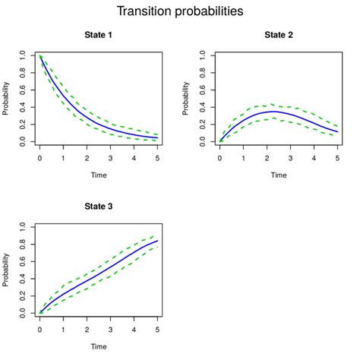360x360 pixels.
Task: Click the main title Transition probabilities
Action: coord(180,11)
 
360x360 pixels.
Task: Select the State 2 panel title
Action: coord(279,35)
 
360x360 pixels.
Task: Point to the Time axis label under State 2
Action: coord(279,175)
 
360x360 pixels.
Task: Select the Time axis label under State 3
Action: coord(99,346)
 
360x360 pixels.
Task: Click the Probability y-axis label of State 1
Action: coord(7,97)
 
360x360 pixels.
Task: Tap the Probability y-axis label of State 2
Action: coord(187,97)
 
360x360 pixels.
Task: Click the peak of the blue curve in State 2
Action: coord(273,112)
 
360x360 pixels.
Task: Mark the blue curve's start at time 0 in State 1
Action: coord(39,55)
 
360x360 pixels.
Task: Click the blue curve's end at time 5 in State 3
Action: coord(158,240)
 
